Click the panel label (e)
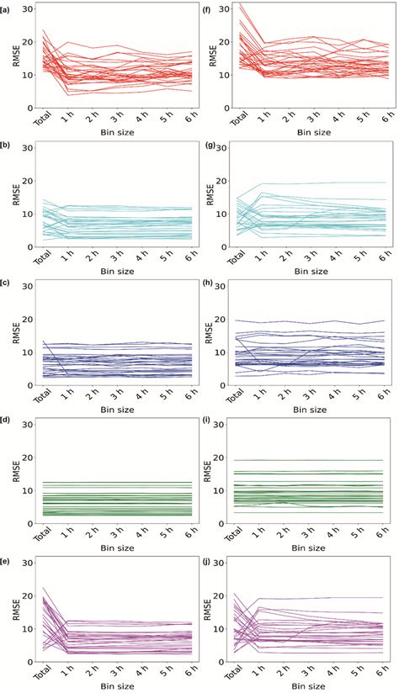click(x=6, y=558)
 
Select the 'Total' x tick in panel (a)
click(x=39, y=122)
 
